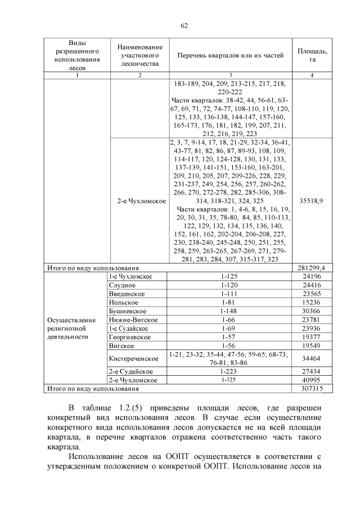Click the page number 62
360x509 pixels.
184,25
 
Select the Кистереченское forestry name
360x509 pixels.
132,358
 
